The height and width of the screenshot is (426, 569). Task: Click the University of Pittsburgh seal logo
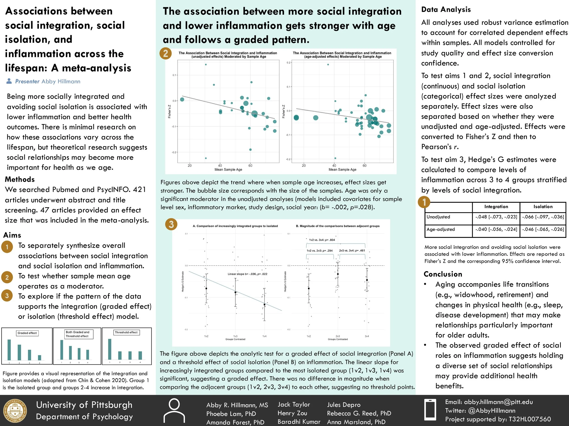point(15,411)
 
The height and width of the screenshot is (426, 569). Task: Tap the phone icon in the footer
point(430,410)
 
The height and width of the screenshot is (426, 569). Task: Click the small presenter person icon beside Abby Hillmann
point(9,81)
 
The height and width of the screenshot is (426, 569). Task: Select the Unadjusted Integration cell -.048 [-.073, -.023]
point(496,217)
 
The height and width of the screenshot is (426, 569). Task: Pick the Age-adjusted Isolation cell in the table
point(543,229)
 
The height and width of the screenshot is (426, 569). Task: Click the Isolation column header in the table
point(543,207)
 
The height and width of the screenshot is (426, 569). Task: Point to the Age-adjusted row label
point(441,229)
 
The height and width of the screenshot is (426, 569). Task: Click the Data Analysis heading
point(446,10)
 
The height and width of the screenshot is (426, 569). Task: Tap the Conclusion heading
point(443,274)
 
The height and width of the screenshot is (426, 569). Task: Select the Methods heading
point(20,179)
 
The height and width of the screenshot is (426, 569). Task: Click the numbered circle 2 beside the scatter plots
point(165,53)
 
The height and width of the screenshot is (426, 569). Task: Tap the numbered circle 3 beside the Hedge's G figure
point(171,224)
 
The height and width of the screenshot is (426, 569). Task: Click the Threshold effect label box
point(126,332)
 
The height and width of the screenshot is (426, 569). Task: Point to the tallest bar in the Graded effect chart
point(9,350)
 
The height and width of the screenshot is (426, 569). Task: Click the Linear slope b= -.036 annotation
point(247,274)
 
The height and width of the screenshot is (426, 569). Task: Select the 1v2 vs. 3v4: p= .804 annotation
point(322,240)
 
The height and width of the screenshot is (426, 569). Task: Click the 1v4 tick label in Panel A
point(264,336)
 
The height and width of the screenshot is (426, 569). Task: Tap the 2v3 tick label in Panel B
point(338,336)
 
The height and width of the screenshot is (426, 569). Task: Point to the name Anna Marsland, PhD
point(356,422)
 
